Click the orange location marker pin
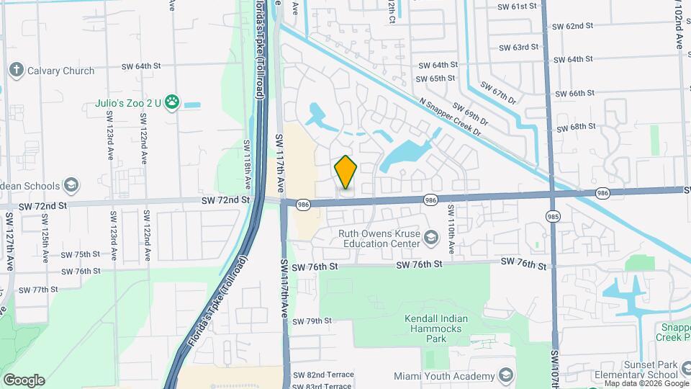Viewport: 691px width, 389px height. [346, 172]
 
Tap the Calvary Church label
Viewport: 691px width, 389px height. [61, 71]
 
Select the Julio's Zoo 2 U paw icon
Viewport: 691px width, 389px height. [171, 102]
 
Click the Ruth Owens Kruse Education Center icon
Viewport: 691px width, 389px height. [430, 237]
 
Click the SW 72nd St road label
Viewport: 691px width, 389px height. [42, 205]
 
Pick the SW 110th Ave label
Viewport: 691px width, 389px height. [451, 228]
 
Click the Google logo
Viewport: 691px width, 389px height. [24, 380]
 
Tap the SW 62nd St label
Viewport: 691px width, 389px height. [572, 26]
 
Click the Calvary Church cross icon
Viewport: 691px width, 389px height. [16, 71]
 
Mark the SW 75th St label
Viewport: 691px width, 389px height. [81, 254]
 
